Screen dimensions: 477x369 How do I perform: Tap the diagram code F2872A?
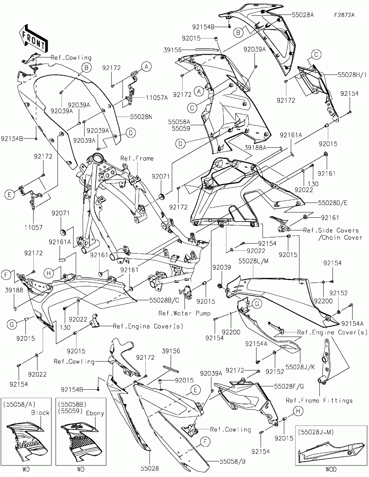pyautogui.click(x=344, y=15)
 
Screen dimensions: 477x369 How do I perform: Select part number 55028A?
pyautogui.click(x=303, y=15)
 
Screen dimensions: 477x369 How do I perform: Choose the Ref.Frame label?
pyautogui.click(x=137, y=158)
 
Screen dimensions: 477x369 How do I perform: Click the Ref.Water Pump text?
pyautogui.click(x=184, y=313)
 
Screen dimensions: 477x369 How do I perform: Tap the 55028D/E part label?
pyautogui.click(x=332, y=202)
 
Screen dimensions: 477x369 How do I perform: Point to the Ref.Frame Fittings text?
pyautogui.click(x=319, y=400)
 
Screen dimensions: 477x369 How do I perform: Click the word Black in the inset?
pyautogui.click(x=40, y=412)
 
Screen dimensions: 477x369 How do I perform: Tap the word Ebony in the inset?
pyautogui.click(x=95, y=413)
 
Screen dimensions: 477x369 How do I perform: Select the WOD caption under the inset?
pyautogui.click(x=331, y=469)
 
